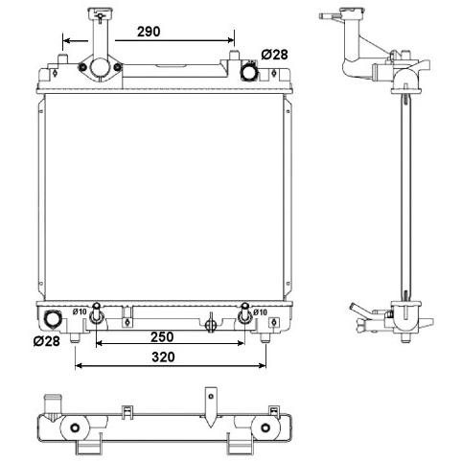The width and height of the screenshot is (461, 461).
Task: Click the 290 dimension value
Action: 149,32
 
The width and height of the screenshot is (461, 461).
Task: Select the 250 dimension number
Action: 162,336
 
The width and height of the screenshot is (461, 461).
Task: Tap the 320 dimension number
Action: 163,357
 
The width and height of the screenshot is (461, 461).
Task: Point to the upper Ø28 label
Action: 274,55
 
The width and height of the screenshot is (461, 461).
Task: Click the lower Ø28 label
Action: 47,341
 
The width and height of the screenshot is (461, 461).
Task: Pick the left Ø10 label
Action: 80,311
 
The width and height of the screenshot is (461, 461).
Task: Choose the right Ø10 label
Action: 260,312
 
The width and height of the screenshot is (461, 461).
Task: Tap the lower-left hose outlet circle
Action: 52,319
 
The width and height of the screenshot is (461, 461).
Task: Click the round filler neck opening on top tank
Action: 100,67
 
